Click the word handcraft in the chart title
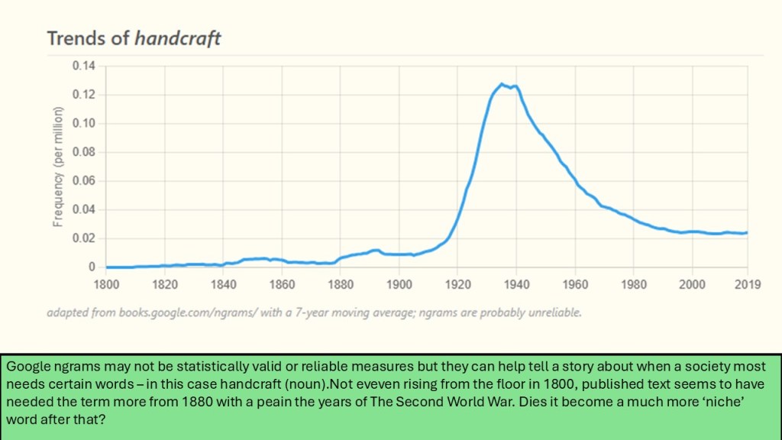click(x=177, y=38)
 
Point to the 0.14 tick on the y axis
click(x=84, y=66)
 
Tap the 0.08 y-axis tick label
click(x=84, y=152)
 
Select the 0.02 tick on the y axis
click(x=84, y=238)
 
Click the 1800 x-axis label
click(x=106, y=284)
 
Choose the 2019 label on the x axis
click(x=748, y=284)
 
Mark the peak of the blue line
click(x=502, y=84)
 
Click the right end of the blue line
click(x=747, y=232)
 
